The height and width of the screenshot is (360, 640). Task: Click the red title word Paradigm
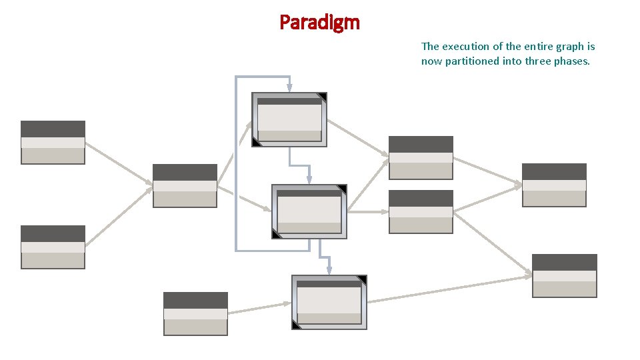[319, 23]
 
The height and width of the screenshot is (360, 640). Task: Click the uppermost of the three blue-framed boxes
[289, 119]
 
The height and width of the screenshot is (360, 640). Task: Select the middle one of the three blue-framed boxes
[309, 211]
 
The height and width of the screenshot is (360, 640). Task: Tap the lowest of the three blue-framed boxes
[329, 302]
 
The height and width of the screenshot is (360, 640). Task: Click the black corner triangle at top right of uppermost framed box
[323, 97]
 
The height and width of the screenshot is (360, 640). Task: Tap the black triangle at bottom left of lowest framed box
[296, 325]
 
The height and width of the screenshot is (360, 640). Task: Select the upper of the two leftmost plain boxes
[53, 142]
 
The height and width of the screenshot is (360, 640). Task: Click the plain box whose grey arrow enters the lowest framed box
[195, 313]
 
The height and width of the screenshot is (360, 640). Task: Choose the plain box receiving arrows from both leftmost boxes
[185, 185]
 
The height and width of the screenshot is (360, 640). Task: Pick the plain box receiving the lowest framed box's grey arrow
[565, 275]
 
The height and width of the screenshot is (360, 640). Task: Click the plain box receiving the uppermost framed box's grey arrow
[421, 158]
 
